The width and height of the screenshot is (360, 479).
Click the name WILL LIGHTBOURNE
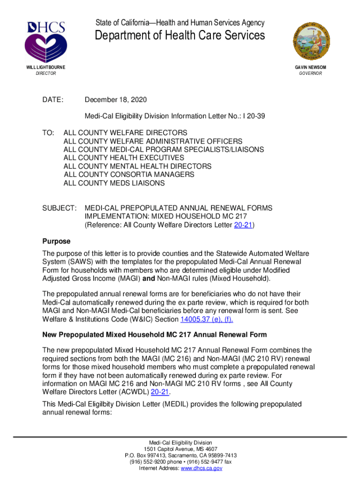[45, 67]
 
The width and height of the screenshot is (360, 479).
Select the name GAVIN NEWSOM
[310, 67]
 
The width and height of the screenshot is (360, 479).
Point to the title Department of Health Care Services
[180, 36]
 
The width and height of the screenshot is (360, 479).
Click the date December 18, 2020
[115, 100]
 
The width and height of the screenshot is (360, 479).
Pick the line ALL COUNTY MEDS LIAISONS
[114, 183]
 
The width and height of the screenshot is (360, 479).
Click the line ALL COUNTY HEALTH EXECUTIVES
[124, 158]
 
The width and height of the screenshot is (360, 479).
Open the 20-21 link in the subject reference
[243, 225]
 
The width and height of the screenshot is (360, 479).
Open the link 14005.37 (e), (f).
[207, 319]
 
